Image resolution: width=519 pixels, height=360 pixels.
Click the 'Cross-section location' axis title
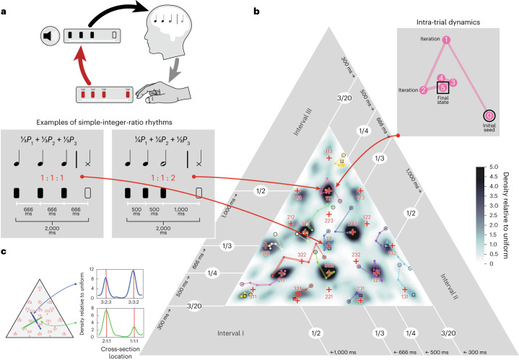pyautogui.click(x=121, y=347)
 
